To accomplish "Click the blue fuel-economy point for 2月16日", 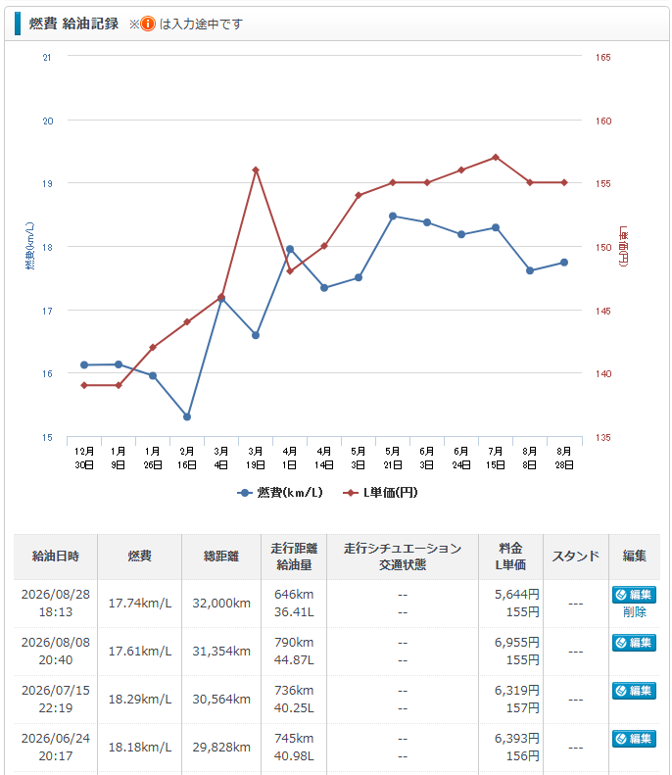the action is click(187, 416).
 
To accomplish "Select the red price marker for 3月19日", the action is click(256, 170).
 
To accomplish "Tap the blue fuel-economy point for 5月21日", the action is click(393, 216).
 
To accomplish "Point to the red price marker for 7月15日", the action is click(496, 157).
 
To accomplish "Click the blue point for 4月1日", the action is click(290, 249).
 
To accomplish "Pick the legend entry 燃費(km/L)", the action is click(279, 492).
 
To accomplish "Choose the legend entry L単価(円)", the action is click(380, 492).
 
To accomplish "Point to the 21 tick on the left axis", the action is click(47, 58).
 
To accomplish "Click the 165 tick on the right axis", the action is click(602, 58).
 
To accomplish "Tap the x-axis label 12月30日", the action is click(84, 459).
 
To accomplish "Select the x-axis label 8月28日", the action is click(564, 459).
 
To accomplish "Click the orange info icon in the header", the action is click(147, 24).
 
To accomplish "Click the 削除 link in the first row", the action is click(635, 612).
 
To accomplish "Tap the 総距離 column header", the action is click(221, 557).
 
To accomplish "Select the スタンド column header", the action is click(576, 557).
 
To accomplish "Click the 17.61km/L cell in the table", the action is click(140, 651).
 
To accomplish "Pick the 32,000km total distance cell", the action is click(221, 603).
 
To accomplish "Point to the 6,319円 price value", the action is click(517, 690).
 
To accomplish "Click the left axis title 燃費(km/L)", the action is click(30, 246).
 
